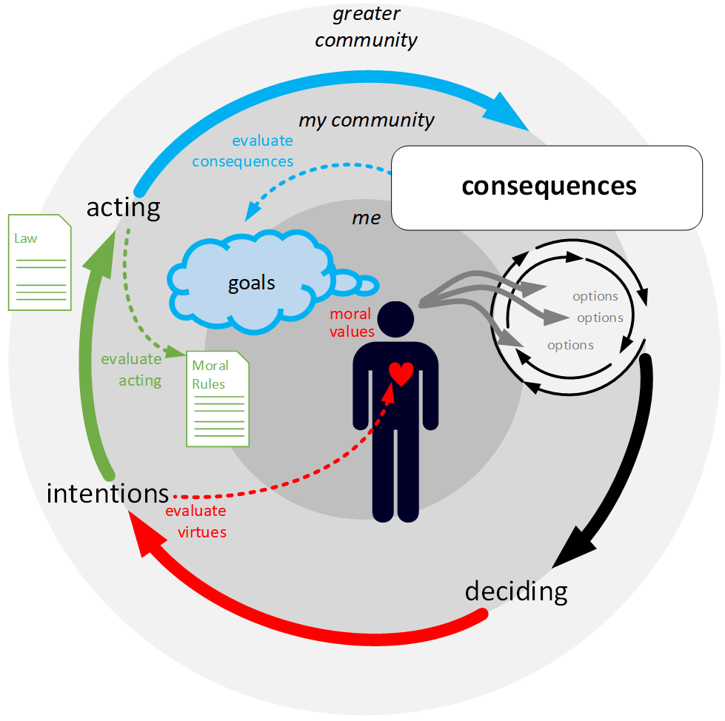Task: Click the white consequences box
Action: pos(548,187)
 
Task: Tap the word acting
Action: pos(123,207)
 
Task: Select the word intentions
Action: pos(107,493)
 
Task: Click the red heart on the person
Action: pos(401,373)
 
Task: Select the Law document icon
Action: pos(39,262)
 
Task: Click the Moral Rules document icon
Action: pos(217,398)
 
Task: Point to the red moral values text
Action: pos(352,323)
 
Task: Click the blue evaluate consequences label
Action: pos(262,151)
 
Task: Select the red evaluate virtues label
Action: pos(196,521)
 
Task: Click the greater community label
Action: pos(366,27)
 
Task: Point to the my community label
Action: pos(366,120)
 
